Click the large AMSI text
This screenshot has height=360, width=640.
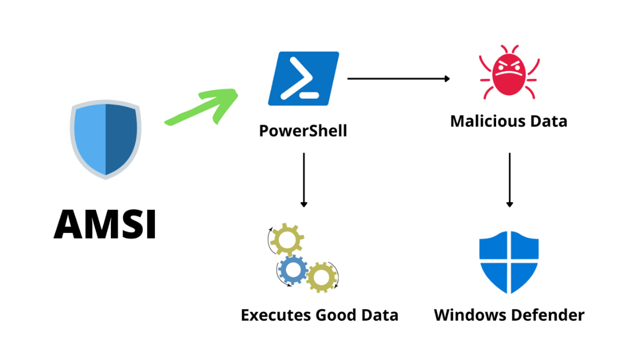coord(105,224)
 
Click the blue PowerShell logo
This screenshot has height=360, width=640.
coord(303,79)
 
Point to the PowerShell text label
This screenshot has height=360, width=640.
coord(303,131)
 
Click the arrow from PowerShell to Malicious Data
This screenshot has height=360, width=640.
coord(399,79)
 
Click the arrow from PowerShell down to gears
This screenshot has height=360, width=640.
coord(304,180)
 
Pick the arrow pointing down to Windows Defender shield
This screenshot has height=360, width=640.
coord(509,180)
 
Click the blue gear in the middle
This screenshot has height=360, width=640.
coord(292,269)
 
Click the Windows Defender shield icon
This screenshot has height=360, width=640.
coord(509,262)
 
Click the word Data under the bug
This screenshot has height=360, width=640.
coord(550,121)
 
